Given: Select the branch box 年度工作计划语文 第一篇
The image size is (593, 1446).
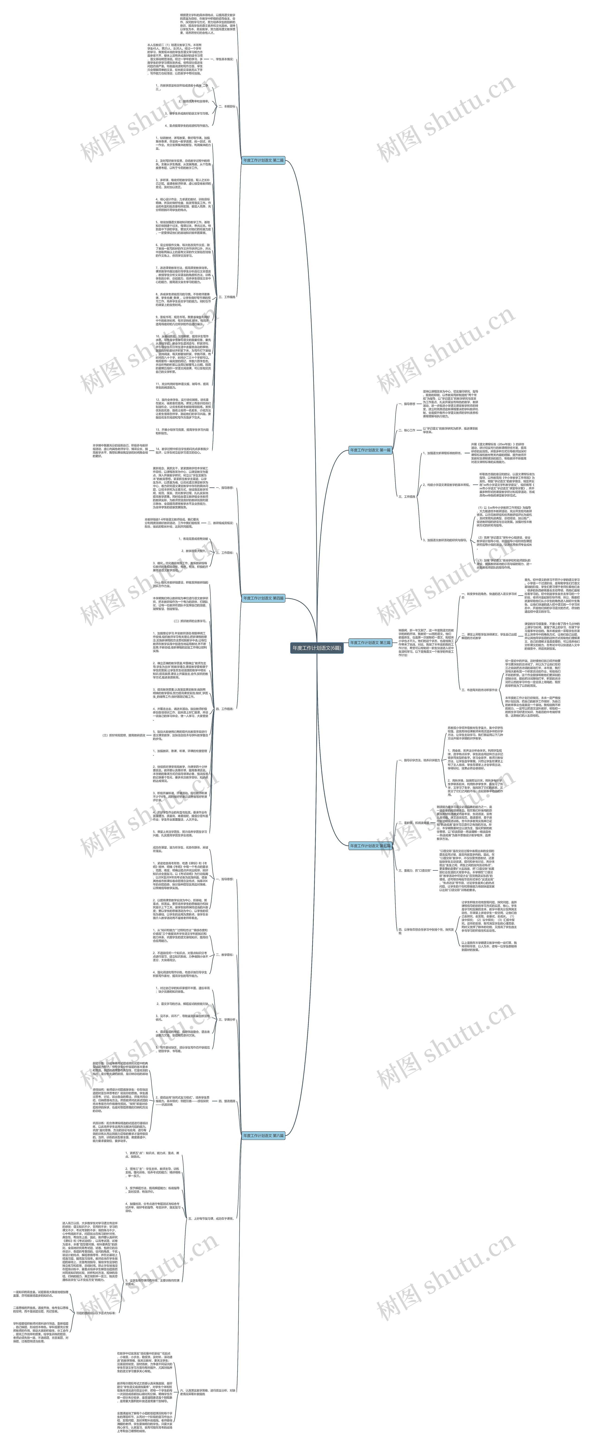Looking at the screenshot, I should click(370, 450).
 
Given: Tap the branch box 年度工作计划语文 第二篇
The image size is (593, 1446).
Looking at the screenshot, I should click(264, 161).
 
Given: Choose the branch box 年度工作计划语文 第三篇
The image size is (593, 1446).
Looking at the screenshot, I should click(370, 643).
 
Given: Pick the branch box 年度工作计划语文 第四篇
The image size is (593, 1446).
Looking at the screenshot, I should click(264, 598).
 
